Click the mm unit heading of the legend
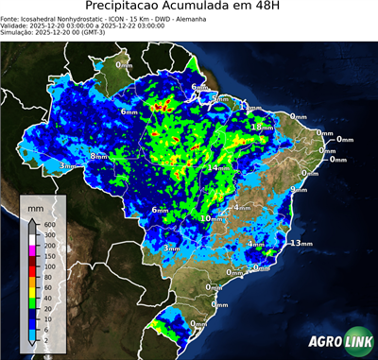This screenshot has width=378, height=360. [36, 205]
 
